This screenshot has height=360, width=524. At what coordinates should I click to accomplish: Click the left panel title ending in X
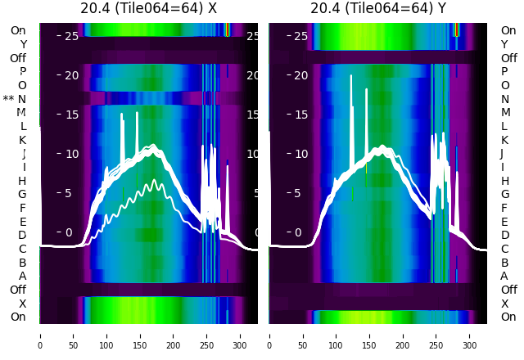[148, 9]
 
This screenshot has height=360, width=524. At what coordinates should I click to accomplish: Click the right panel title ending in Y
[378, 9]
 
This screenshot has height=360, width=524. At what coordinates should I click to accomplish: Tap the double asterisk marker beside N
[9, 99]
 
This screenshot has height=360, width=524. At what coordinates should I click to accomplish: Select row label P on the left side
[23, 71]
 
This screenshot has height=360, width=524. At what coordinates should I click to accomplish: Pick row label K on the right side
[505, 140]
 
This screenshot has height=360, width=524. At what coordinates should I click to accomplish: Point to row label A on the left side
[23, 277]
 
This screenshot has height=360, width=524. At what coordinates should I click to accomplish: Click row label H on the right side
[505, 181]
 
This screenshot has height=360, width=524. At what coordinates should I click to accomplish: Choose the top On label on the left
[18, 30]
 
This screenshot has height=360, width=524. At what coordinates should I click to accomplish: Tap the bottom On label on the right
[508, 317]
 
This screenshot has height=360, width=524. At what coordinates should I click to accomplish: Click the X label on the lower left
[23, 304]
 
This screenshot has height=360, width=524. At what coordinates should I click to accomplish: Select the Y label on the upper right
[505, 44]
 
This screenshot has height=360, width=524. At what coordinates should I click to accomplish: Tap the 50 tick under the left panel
[74, 335]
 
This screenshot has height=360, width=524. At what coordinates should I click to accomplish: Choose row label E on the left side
[23, 222]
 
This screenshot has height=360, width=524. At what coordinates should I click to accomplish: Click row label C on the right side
[505, 249]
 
